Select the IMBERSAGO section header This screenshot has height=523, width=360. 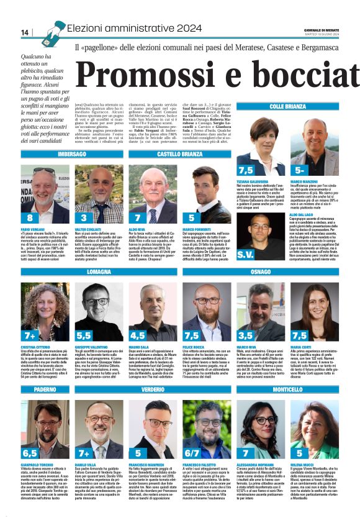point(72,153)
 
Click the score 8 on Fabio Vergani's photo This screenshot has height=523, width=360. point(30,217)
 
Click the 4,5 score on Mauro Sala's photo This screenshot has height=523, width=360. point(137,335)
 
